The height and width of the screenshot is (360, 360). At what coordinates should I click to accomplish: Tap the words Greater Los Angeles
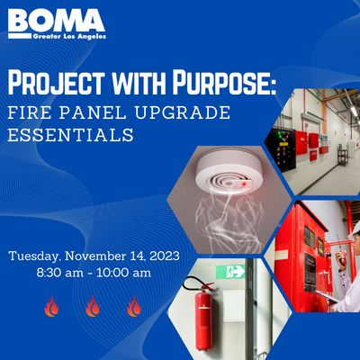click(x=69, y=37)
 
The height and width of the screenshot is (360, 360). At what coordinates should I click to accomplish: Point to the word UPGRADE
click(x=183, y=112)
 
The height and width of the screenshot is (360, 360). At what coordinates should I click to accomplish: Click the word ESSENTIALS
click(x=71, y=135)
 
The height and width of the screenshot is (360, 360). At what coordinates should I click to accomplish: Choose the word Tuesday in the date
click(x=33, y=256)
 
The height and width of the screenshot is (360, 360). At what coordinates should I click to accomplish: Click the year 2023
click(x=165, y=256)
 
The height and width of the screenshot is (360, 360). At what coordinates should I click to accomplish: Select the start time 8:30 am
click(x=60, y=273)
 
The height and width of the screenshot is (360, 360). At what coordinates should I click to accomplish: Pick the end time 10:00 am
click(x=124, y=273)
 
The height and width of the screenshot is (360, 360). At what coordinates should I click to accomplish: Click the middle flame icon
click(x=93, y=306)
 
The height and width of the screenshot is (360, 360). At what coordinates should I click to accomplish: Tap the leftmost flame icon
click(x=51, y=306)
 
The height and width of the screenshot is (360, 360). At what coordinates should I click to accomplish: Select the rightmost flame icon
click(x=134, y=306)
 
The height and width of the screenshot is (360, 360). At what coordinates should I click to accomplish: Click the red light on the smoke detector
click(x=244, y=184)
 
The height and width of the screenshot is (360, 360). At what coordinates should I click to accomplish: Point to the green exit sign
click(x=230, y=272)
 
